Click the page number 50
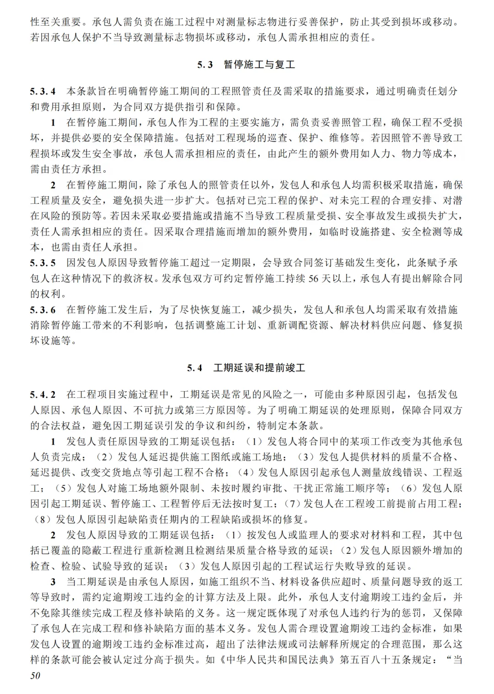click(x=35, y=676)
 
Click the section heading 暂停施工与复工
click(x=259, y=65)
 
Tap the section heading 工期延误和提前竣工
click(x=259, y=368)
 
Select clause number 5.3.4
click(x=43, y=91)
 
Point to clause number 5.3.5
click(x=43, y=263)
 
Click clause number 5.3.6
click(x=43, y=310)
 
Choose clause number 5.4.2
click(x=43, y=394)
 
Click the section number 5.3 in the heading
click(x=205, y=65)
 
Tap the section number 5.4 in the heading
click(x=194, y=368)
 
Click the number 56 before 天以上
click(x=313, y=278)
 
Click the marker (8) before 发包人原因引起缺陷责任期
click(x=43, y=519)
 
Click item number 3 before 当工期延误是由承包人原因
click(x=53, y=582)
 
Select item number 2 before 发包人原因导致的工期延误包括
click(x=53, y=535)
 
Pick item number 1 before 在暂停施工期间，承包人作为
click(x=53, y=122)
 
